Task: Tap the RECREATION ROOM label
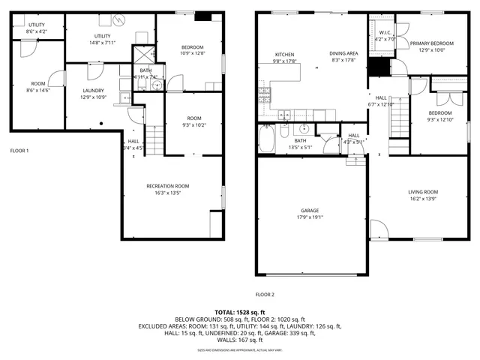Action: coord(167,185)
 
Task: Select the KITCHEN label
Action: coord(284,55)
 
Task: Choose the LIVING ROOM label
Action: coord(423,192)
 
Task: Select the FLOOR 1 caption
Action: coord(19,151)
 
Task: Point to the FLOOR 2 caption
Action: coord(265,294)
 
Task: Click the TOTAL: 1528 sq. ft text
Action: coord(239,311)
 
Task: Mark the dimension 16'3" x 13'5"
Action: coord(167,192)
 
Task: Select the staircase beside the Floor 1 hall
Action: coord(154,139)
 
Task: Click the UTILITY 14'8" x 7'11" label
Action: coord(103,36)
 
